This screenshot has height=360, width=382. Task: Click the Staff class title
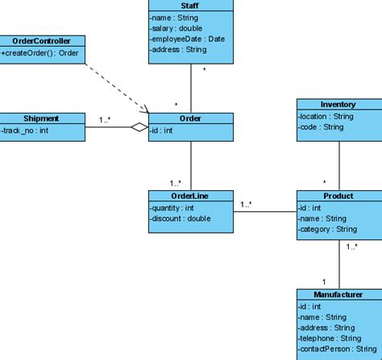(191, 5)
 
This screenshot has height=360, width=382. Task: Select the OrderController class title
(42, 41)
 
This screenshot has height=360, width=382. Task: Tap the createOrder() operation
(39, 53)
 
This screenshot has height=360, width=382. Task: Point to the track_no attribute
(25, 130)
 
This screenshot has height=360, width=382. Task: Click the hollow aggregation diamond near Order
(140, 126)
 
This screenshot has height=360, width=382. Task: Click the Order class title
(191, 118)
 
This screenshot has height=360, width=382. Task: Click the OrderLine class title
(191, 196)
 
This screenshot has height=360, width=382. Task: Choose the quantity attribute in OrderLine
(172, 208)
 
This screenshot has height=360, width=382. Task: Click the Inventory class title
(338, 105)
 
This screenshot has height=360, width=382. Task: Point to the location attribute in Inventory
(326, 116)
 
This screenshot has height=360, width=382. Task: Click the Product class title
(338, 196)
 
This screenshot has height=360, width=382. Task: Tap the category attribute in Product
(326, 229)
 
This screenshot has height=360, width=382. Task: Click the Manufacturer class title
(338, 295)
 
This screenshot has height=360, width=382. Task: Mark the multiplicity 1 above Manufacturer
(324, 281)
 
